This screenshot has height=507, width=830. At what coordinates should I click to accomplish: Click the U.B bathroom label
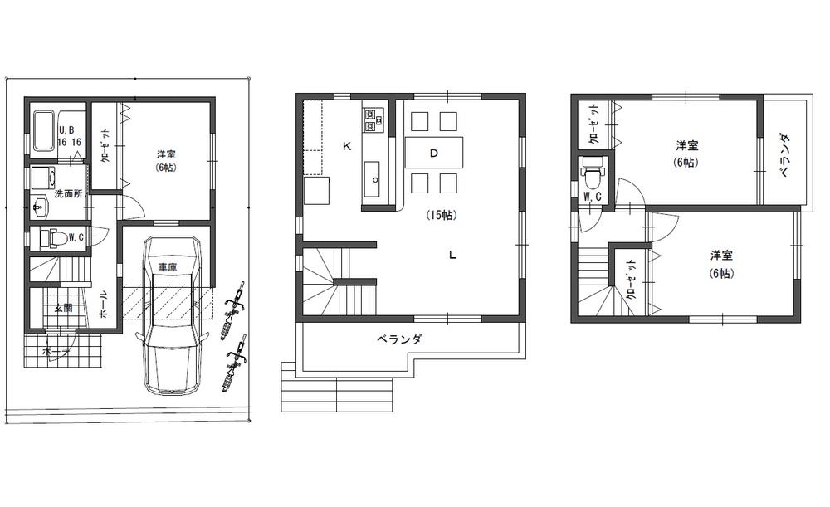pos(66,129)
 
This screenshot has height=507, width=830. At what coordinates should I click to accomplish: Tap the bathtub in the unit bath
pos(44,130)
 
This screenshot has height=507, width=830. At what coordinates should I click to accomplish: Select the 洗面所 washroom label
pos(68,193)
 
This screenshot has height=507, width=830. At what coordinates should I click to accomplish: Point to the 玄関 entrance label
pos(63,309)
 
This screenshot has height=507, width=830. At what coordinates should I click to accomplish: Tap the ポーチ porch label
pos(56,351)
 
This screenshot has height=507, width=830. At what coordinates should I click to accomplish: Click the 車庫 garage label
pos(167,267)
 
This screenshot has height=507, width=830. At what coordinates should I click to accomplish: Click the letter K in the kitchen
pos(346,146)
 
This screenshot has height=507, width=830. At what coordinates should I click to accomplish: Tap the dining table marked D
pos(434,153)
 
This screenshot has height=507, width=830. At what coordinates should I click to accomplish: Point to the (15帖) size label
pos(440,215)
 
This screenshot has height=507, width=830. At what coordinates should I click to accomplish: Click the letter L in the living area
pos(452,255)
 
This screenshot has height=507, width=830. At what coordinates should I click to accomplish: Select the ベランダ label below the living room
pos(401,339)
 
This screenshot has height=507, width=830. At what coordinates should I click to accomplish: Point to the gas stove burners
pos(371,119)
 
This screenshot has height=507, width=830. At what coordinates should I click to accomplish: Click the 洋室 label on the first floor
pos(165,154)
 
